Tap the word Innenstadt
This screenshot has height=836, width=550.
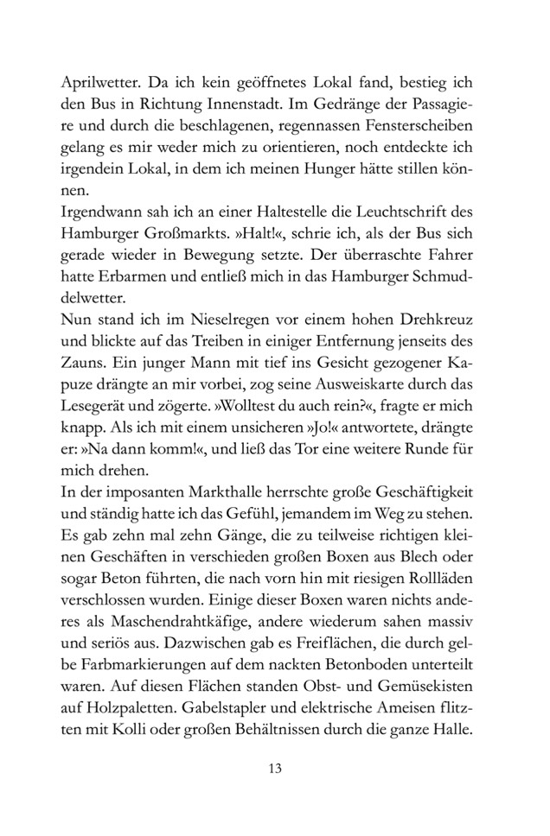pos(263,110)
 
